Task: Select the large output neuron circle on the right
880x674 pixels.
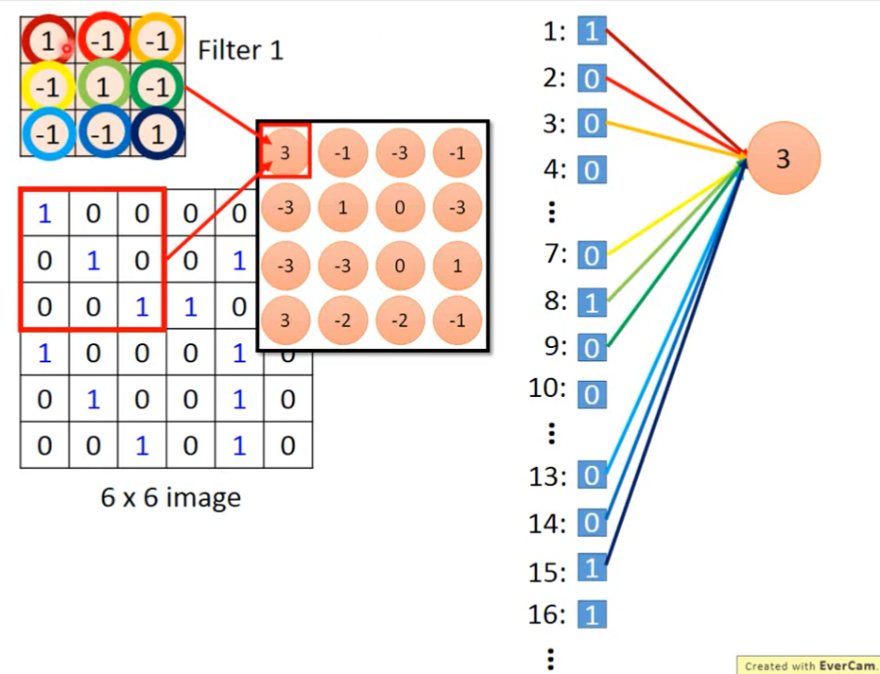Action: tap(783, 160)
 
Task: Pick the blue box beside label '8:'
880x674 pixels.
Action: tap(592, 302)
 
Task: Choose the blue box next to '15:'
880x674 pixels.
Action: tap(592, 570)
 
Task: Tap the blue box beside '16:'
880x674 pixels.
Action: tap(592, 616)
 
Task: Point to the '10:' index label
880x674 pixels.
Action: tap(548, 389)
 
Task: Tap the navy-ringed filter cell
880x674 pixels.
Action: tap(157, 133)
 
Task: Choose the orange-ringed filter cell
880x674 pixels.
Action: tap(157, 41)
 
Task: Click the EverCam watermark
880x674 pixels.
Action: tap(809, 665)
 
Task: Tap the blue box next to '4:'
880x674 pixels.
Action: tap(592, 170)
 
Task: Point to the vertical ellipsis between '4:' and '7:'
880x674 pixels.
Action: tap(552, 213)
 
